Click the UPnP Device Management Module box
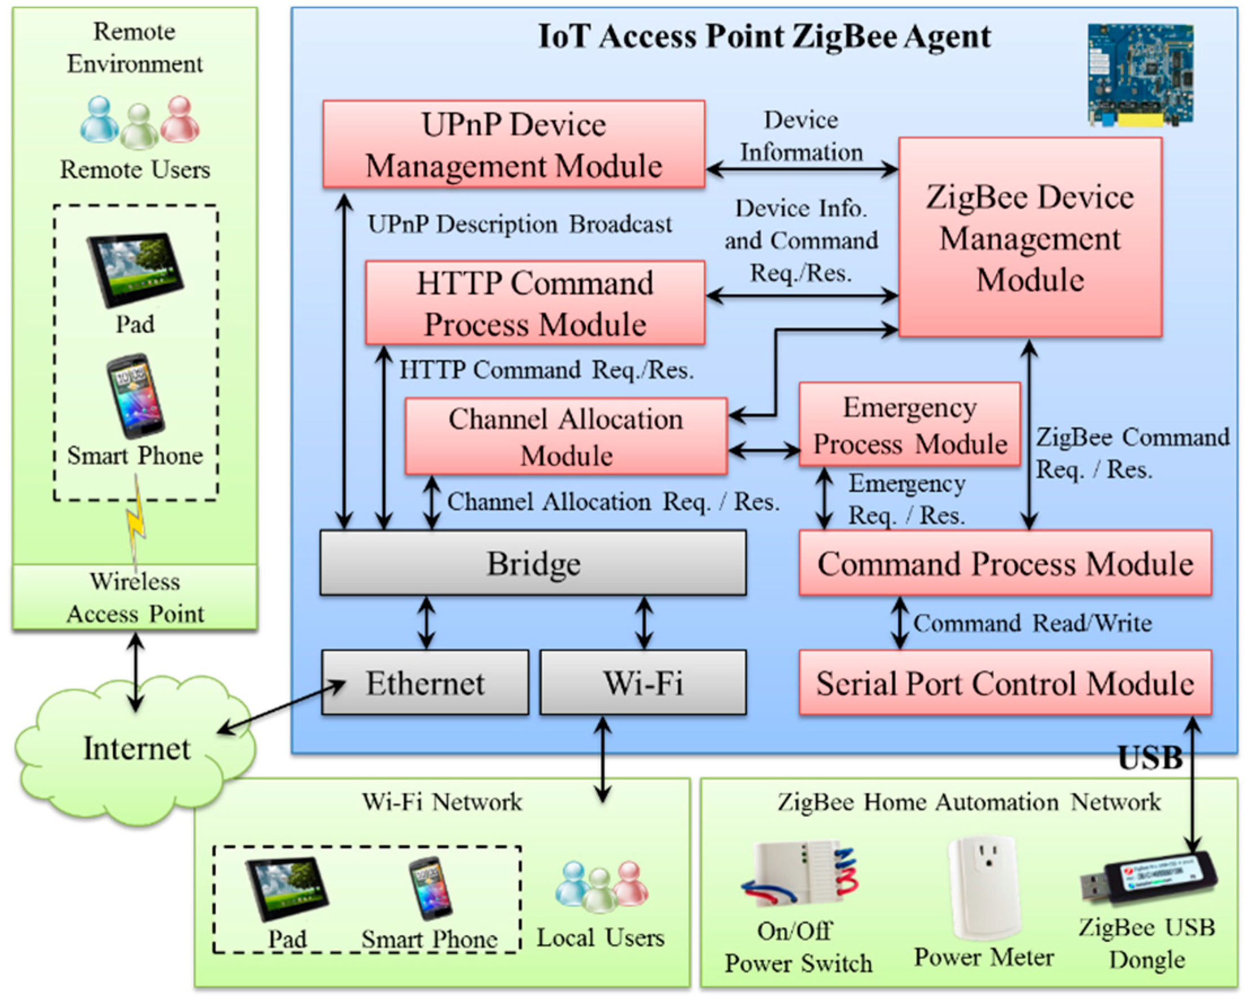(514, 145)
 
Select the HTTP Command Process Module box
(535, 303)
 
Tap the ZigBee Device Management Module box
(1029, 237)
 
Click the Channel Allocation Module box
(565, 437)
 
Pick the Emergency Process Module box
(909, 424)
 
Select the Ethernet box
(425, 683)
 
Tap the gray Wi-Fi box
(643, 683)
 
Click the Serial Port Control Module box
(1005, 683)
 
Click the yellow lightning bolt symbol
(137, 521)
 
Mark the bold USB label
(1150, 758)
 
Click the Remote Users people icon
(140, 121)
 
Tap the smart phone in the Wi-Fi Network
(430, 888)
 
